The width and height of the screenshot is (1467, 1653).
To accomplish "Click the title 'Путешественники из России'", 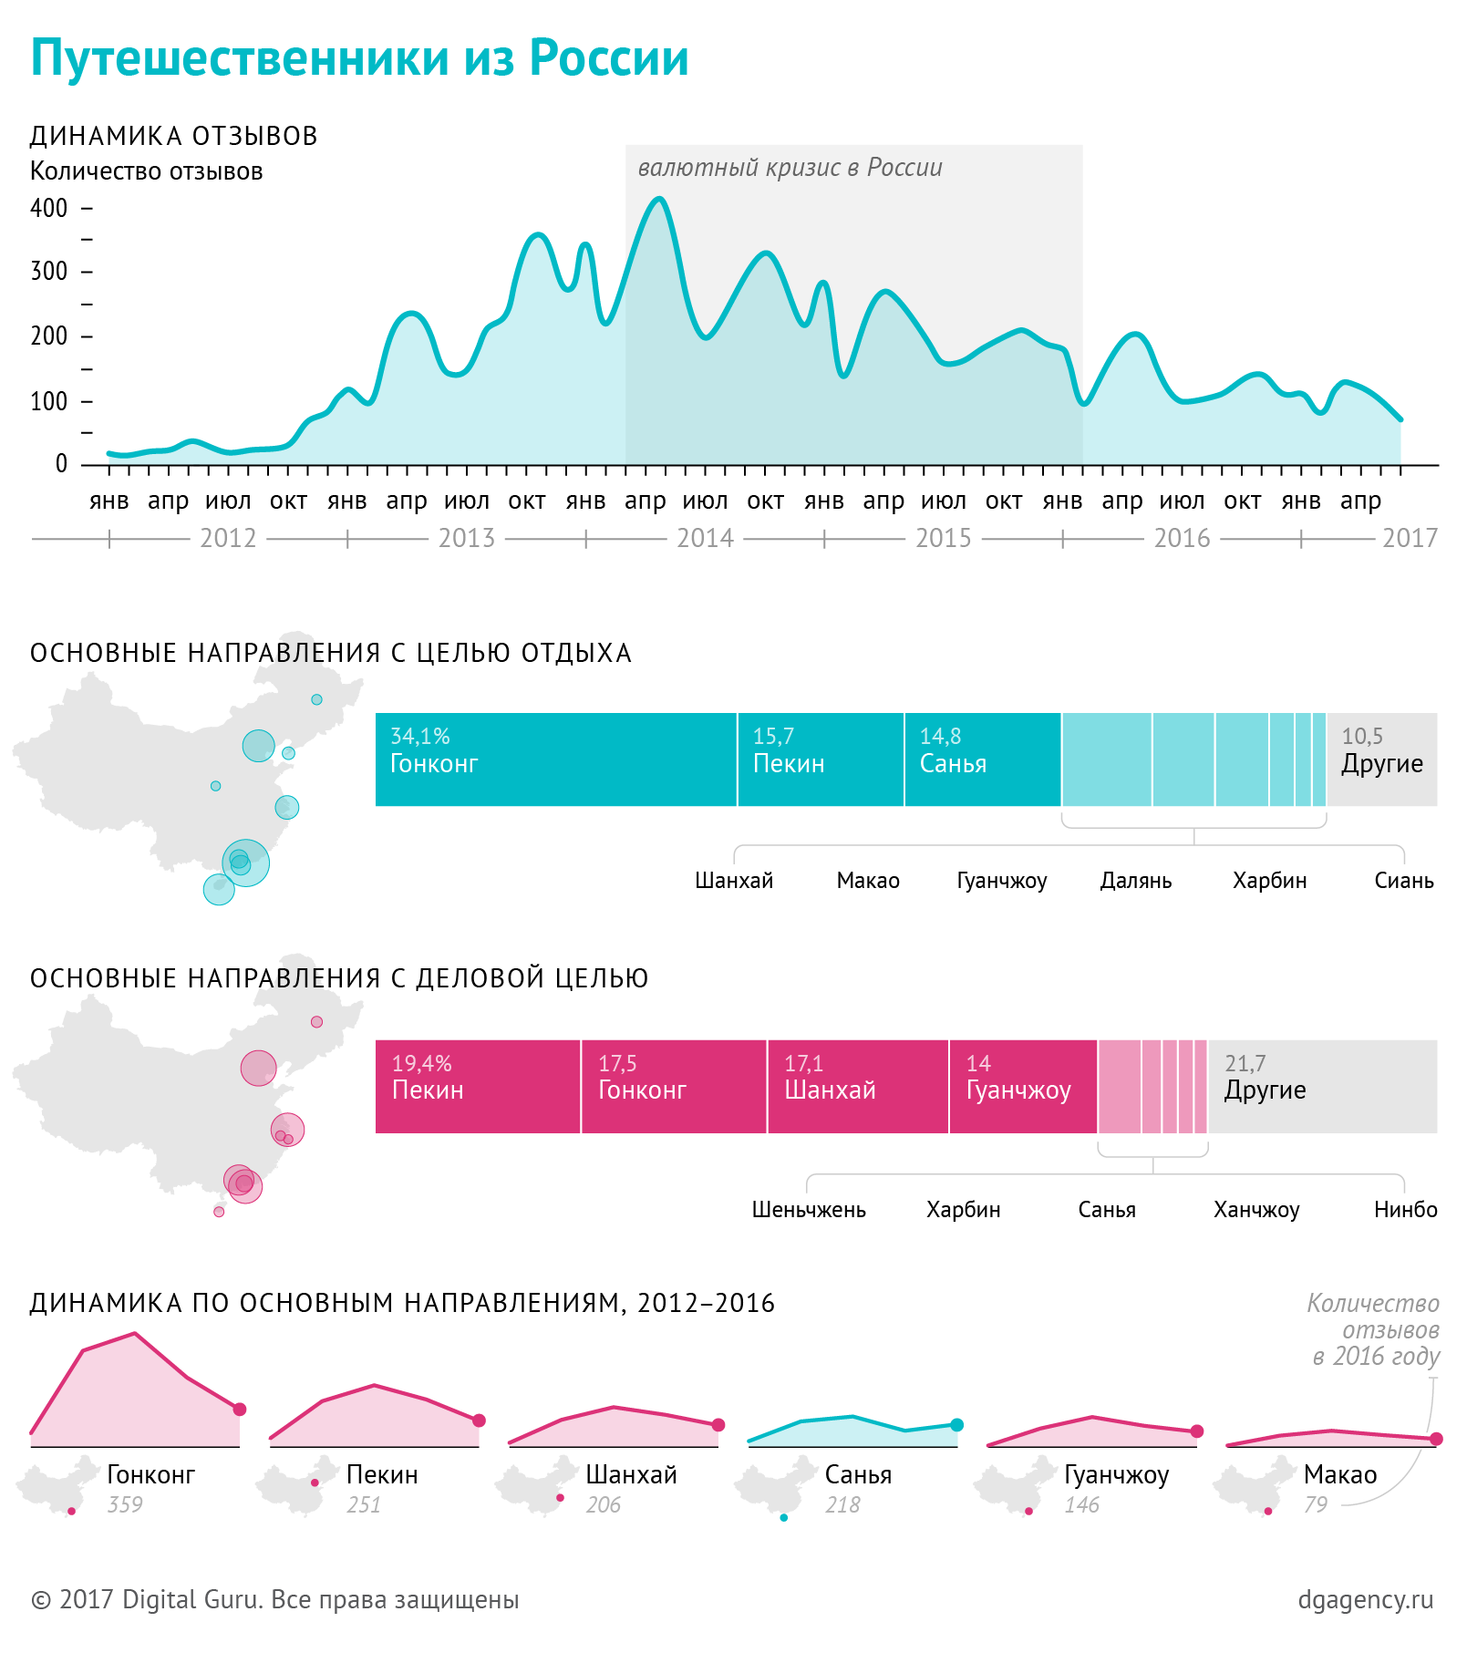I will click(359, 58).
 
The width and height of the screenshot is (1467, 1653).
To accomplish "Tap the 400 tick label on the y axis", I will click(49, 209).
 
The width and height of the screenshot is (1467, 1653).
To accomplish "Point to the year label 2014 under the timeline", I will click(705, 538).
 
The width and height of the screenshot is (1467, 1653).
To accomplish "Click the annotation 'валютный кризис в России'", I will click(790, 168).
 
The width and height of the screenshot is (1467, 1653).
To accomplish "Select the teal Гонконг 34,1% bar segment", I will click(555, 759).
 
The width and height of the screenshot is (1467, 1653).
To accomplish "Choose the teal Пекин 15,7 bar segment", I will click(821, 759).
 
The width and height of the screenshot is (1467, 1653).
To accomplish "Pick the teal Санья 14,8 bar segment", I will click(982, 759).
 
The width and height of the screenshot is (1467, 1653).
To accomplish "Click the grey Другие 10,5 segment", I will click(1381, 759).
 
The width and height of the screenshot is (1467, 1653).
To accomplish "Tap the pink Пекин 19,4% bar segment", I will click(478, 1087).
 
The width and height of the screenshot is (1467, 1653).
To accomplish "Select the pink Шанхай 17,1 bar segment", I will click(857, 1087).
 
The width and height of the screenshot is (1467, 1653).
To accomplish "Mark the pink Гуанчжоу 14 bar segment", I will click(1023, 1087).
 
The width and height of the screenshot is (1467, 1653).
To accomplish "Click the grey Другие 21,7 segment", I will click(1322, 1087).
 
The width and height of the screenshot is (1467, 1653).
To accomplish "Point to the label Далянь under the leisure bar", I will click(1136, 881).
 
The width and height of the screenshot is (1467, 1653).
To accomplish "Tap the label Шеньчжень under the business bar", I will click(809, 1210).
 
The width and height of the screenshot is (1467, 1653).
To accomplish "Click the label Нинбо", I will click(1405, 1210).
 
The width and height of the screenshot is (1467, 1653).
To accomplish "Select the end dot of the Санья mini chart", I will click(956, 1425).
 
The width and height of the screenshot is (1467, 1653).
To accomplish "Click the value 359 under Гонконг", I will click(125, 1504).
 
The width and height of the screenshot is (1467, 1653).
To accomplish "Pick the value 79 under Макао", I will click(1316, 1504).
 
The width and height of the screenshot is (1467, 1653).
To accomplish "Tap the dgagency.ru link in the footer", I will click(1365, 1599).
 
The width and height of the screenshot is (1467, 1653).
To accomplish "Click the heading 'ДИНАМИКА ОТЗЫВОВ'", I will click(173, 136).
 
